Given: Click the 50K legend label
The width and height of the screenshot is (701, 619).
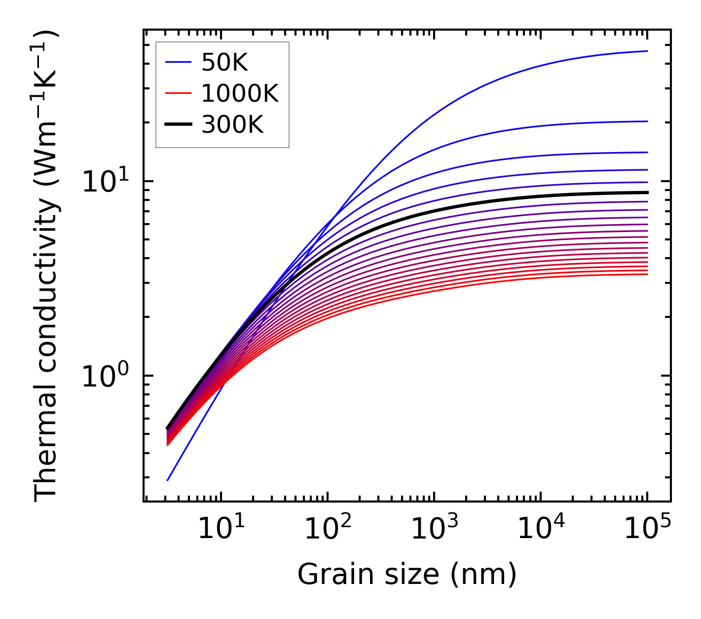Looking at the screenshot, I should (224, 63).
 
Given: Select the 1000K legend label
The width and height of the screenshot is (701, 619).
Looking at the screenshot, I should (240, 93).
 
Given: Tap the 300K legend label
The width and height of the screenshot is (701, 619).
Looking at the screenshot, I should (232, 125).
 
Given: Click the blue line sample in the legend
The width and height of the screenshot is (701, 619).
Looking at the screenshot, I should (178, 62).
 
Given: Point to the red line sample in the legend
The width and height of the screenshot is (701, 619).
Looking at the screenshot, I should (178, 93).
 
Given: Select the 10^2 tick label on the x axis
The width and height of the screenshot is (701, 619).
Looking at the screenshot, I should (327, 530).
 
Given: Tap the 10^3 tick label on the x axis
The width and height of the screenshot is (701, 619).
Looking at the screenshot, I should (434, 530).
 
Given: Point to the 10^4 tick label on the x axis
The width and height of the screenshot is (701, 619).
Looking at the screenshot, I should (540, 530).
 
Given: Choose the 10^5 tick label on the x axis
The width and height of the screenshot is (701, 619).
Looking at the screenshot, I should (647, 530).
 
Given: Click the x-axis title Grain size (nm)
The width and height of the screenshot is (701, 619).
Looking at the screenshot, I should (407, 575).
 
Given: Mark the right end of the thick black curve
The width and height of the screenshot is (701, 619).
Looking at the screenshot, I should (647, 193).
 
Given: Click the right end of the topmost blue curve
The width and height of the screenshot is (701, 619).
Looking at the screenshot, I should (647, 51).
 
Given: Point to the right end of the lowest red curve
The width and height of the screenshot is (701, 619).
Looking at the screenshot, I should (647, 274).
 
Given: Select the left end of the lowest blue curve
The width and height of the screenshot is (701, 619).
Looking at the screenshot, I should (168, 480).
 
